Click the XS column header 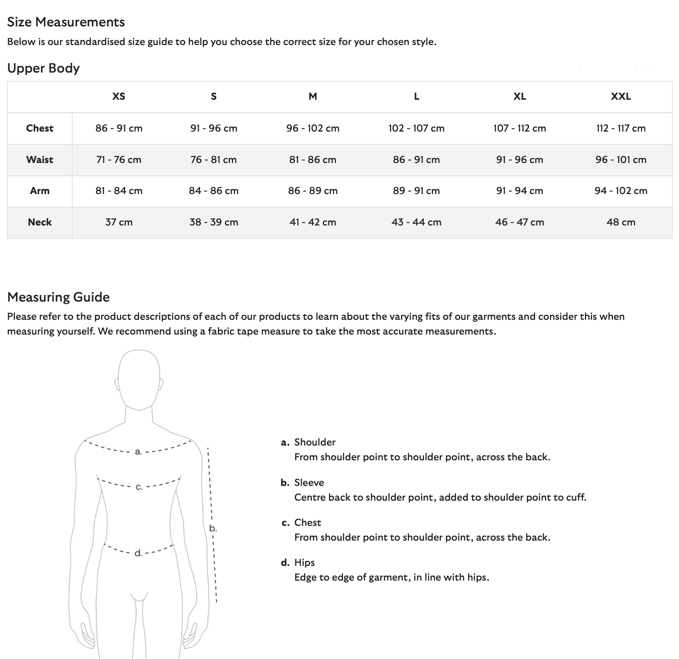coord(119,97)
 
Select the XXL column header coord(621,97)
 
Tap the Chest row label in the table coord(40,128)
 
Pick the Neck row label coord(40,222)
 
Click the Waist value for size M coord(313,160)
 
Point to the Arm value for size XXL coord(621,191)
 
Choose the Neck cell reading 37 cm coord(119,222)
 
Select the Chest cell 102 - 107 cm coord(416,128)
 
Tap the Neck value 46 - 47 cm coord(519,222)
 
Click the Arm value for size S coord(214,191)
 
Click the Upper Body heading coord(44,68)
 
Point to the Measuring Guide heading coord(59,297)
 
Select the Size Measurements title coord(66,22)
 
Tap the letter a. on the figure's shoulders coord(138,452)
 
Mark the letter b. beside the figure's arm coord(213,529)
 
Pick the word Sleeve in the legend coord(309,483)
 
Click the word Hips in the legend coord(305,563)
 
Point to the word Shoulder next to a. coord(315,442)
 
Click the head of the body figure coord(139,378)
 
